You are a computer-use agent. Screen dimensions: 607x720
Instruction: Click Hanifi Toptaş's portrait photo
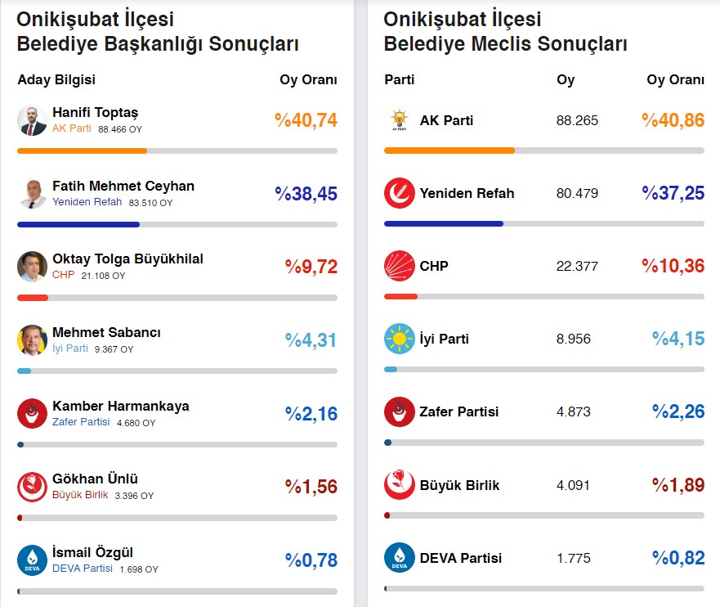click(x=33, y=120)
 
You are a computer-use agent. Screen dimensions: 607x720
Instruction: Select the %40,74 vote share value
click(x=306, y=121)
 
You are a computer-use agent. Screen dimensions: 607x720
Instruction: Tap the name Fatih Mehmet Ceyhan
click(x=123, y=186)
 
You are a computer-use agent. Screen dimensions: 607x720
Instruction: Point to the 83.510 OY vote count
click(x=150, y=203)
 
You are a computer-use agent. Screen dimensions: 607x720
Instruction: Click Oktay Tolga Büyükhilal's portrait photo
click(x=33, y=267)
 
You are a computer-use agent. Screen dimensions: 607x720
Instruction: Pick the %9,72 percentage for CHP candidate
click(x=311, y=267)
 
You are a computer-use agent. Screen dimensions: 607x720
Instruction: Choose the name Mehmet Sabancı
click(x=106, y=332)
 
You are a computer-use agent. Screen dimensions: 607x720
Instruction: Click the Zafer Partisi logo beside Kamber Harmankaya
click(x=33, y=413)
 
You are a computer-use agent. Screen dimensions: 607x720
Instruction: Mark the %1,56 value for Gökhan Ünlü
click(x=311, y=487)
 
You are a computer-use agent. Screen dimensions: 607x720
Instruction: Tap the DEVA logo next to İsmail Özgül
click(x=33, y=560)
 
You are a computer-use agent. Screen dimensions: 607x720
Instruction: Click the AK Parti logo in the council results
click(x=400, y=120)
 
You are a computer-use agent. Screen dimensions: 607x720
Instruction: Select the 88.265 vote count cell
click(x=577, y=120)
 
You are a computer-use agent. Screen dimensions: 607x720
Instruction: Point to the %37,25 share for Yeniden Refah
click(x=673, y=194)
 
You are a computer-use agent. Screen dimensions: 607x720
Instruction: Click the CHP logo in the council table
click(x=400, y=266)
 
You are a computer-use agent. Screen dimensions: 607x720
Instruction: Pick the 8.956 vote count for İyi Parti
click(x=574, y=339)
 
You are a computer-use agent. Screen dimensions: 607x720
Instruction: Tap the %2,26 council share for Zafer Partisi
click(x=678, y=411)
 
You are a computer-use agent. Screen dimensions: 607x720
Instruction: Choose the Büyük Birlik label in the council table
click(x=459, y=485)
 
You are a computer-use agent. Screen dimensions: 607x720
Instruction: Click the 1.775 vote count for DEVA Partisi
click(x=574, y=558)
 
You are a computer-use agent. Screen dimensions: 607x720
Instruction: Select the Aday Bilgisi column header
click(x=56, y=80)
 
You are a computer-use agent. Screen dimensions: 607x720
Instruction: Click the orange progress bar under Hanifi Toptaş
click(x=82, y=151)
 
